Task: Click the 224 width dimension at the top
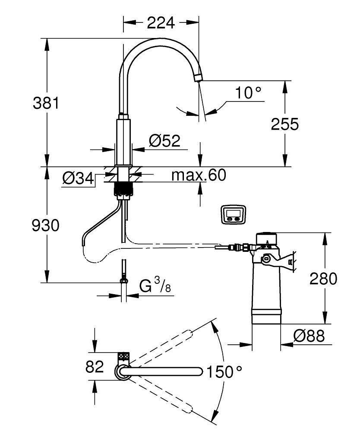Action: click(161, 22)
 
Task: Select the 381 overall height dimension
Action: click(46, 103)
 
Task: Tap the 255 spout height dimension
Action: click(284, 124)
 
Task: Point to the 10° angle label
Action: click(248, 92)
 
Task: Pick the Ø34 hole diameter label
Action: click(78, 178)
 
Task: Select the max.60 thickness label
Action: click(198, 175)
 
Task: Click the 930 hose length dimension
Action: click(46, 225)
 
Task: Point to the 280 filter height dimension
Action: click(323, 279)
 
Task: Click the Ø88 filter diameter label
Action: click(309, 336)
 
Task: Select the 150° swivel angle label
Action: click(224, 371)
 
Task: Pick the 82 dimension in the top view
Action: click(95, 367)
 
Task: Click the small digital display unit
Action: click(234, 215)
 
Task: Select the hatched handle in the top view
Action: click(124, 357)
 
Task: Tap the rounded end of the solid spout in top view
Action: click(199, 371)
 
